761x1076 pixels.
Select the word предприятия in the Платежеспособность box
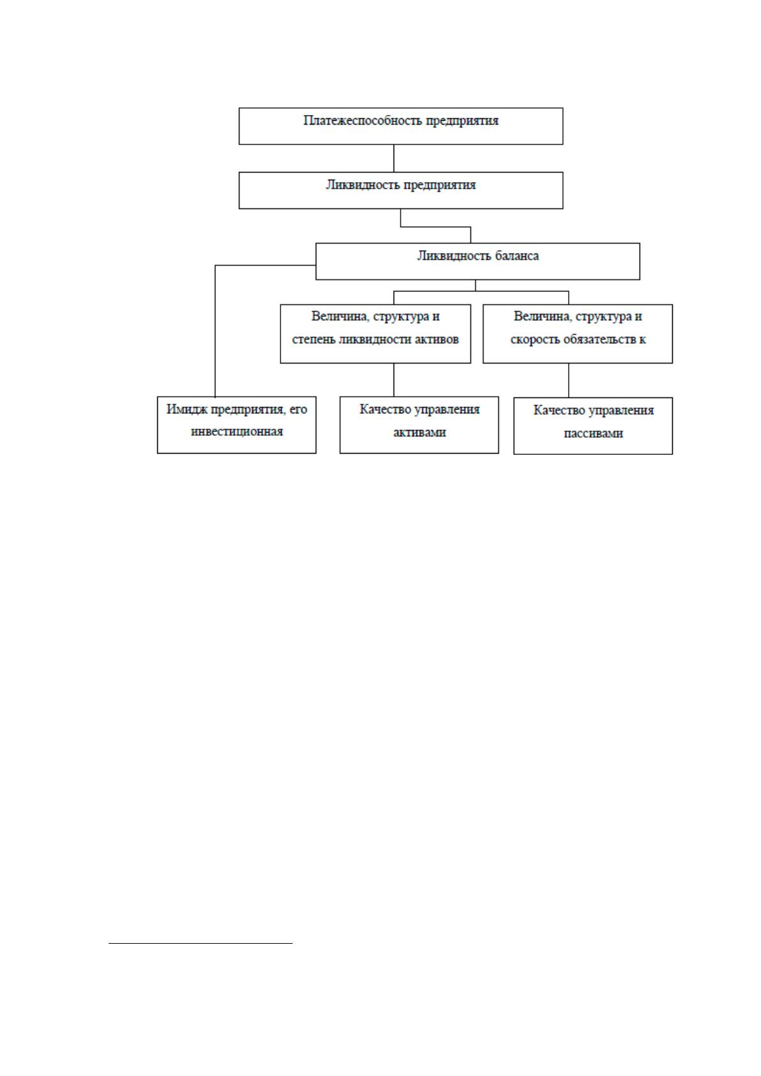click(463, 121)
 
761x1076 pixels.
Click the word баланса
click(517, 256)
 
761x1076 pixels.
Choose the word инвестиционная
click(237, 431)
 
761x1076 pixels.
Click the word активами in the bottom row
click(419, 433)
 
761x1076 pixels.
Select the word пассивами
click(594, 433)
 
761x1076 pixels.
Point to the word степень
click(314, 340)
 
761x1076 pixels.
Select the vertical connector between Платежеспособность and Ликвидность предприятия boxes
click(394, 158)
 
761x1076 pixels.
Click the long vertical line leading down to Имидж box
click(215, 331)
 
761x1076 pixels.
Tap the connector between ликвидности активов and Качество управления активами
click(394, 380)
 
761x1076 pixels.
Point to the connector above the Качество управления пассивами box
click(569, 380)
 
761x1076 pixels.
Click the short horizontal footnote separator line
click(201, 944)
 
